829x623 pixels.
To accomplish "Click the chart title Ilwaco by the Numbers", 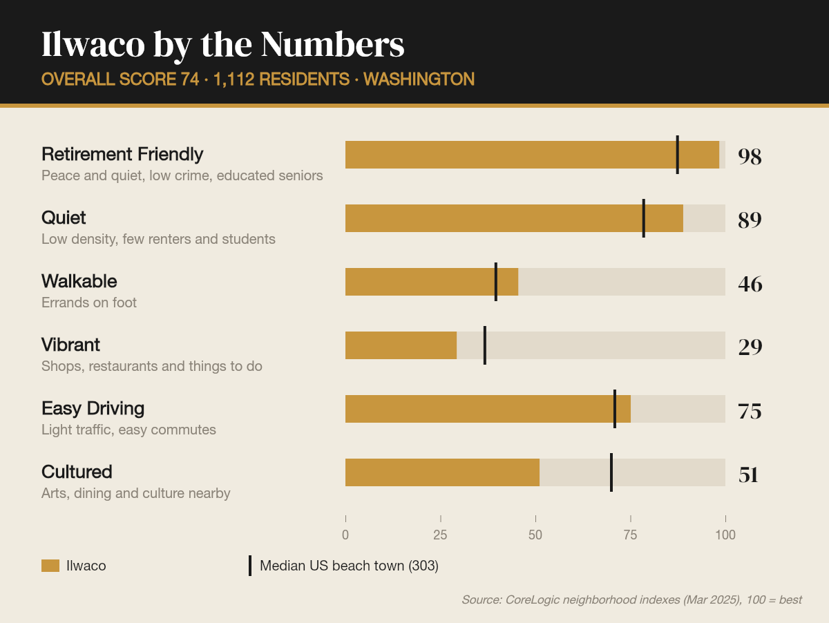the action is click(223, 46).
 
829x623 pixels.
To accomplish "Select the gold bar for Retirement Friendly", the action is click(532, 155).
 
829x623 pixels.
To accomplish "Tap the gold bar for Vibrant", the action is click(401, 345).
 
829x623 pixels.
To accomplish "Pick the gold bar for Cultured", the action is click(442, 472).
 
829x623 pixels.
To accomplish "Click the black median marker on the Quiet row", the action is click(644, 218).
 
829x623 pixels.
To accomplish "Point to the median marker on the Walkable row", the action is click(496, 282).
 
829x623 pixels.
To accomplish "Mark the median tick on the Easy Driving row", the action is click(615, 409).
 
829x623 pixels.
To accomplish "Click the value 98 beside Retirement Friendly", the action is click(750, 156).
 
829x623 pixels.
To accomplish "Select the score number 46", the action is click(750, 284).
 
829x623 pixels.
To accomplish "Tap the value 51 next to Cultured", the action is click(748, 475).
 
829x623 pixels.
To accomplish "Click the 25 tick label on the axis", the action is click(440, 535).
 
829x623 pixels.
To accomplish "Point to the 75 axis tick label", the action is click(630, 535).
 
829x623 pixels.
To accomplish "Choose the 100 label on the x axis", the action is click(725, 535).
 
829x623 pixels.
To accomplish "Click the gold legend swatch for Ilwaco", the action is click(50, 566).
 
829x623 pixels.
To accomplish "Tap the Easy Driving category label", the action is click(93, 408).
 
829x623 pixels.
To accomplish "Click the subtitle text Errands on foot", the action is click(88, 303).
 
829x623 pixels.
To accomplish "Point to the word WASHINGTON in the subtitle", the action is click(419, 79).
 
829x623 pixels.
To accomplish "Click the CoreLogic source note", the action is click(631, 600).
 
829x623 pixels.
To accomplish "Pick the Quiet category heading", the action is click(64, 218).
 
